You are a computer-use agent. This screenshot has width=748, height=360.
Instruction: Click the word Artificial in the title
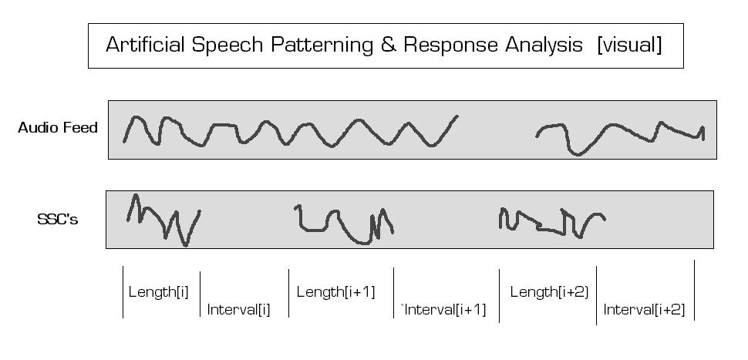click(x=144, y=45)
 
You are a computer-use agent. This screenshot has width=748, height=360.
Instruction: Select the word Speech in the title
click(x=227, y=45)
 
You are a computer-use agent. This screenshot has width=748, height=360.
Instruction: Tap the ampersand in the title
click(x=388, y=45)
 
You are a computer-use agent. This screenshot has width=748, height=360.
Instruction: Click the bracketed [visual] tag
click(x=629, y=45)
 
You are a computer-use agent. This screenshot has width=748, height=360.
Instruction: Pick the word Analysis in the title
click(x=544, y=45)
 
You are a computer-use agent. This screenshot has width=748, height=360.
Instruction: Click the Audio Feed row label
click(x=58, y=128)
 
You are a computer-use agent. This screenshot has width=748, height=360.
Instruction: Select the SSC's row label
click(x=58, y=220)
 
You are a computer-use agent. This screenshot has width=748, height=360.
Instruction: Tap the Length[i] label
click(x=158, y=292)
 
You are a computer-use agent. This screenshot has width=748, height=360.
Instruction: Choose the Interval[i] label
click(x=238, y=311)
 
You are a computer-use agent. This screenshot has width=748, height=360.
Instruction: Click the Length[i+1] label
click(x=335, y=292)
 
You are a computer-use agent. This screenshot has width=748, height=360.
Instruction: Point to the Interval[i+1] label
click(x=444, y=310)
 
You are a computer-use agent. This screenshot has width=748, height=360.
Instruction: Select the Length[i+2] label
click(x=549, y=292)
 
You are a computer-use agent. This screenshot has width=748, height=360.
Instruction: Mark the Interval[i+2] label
click(x=644, y=310)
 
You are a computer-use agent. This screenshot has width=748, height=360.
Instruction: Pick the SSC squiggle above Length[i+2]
click(x=551, y=222)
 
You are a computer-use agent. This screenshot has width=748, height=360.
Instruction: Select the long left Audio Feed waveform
click(x=290, y=131)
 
